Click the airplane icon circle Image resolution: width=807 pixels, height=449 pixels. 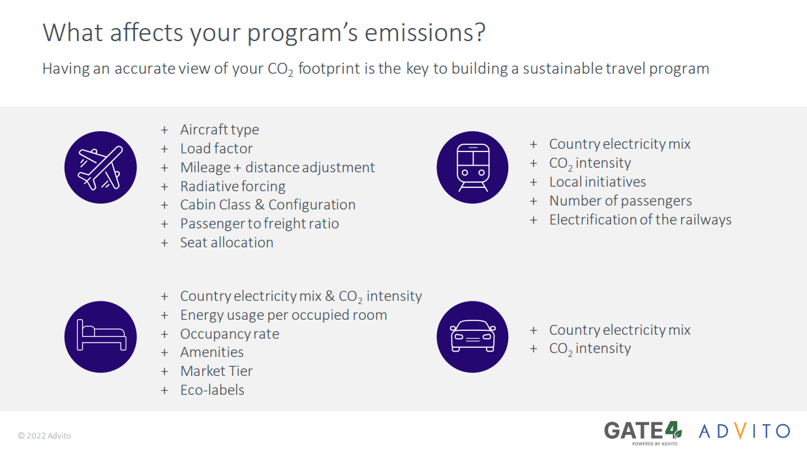coord(100,167)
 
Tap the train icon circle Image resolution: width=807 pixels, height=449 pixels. coord(472,167)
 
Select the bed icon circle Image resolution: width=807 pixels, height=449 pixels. coord(100,337)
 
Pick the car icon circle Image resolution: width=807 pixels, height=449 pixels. coord(472,337)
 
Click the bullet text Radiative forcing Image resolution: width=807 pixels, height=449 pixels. coord(232,186)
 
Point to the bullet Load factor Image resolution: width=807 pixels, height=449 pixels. coord(216,149)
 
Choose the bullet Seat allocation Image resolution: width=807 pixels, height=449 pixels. coord(226,242)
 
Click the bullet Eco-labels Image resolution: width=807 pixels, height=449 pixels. coord(212,390)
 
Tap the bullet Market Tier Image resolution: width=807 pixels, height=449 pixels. coord(216,371)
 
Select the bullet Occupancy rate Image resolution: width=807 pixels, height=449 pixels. coord(229,333)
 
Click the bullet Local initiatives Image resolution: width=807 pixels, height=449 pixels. coord(597,182)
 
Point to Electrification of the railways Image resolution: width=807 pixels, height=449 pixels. coord(640,219)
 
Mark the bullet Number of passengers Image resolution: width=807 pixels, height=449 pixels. coord(620,201)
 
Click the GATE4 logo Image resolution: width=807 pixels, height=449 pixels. coord(643,431)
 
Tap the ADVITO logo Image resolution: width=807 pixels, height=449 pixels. coord(744,431)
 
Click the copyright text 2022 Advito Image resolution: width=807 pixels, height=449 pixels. coord(44,435)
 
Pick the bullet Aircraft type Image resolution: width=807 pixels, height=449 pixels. coord(219,130)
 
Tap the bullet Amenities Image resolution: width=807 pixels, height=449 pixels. coord(211,352)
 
